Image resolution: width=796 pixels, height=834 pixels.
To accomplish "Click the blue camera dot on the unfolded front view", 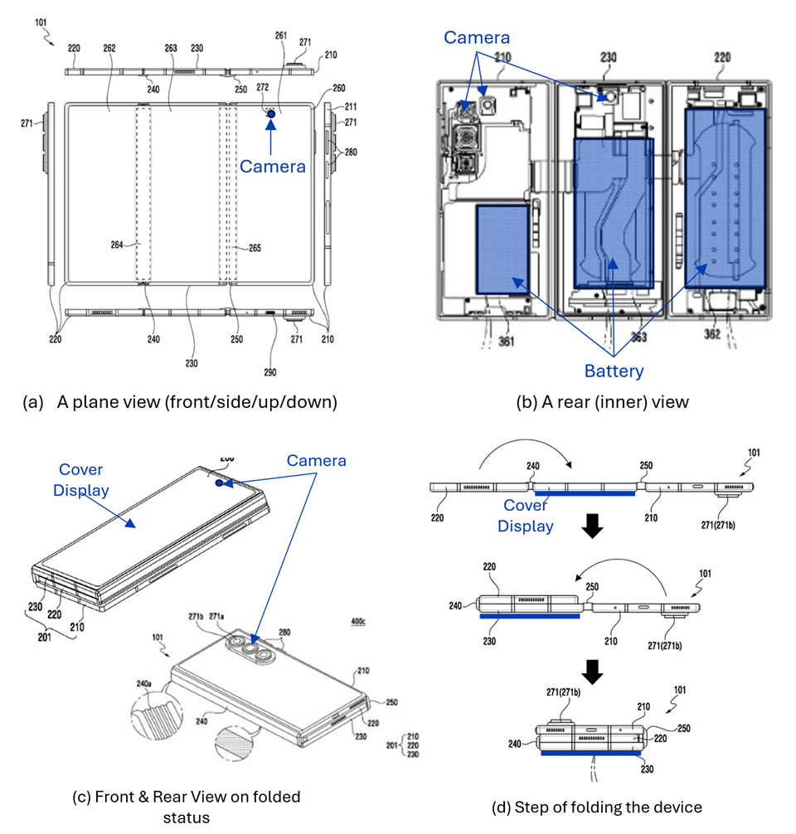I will [x=271, y=124].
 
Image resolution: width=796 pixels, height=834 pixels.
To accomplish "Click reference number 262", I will [x=109, y=48].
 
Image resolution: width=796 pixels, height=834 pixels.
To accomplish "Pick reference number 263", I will [x=171, y=48].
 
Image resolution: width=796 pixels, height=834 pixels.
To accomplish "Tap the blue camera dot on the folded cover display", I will [x=218, y=482].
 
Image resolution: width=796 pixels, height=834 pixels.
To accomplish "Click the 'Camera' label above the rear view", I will [x=477, y=37].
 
